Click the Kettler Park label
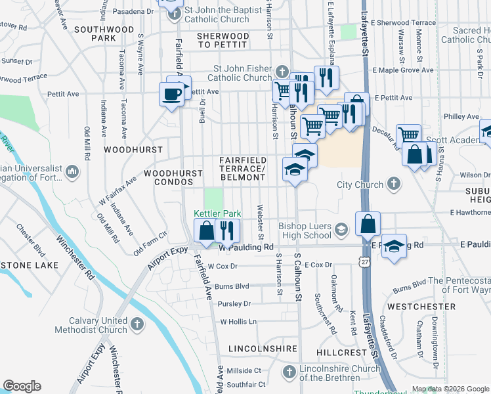(218, 213)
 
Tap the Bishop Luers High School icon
(341, 229)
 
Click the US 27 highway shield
(364, 261)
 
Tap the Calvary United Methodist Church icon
(137, 324)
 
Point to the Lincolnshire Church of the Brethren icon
(288, 373)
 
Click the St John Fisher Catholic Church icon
(282, 72)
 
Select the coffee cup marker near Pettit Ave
(172, 94)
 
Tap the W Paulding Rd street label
(245, 247)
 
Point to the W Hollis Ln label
(238, 322)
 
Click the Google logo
(22, 386)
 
